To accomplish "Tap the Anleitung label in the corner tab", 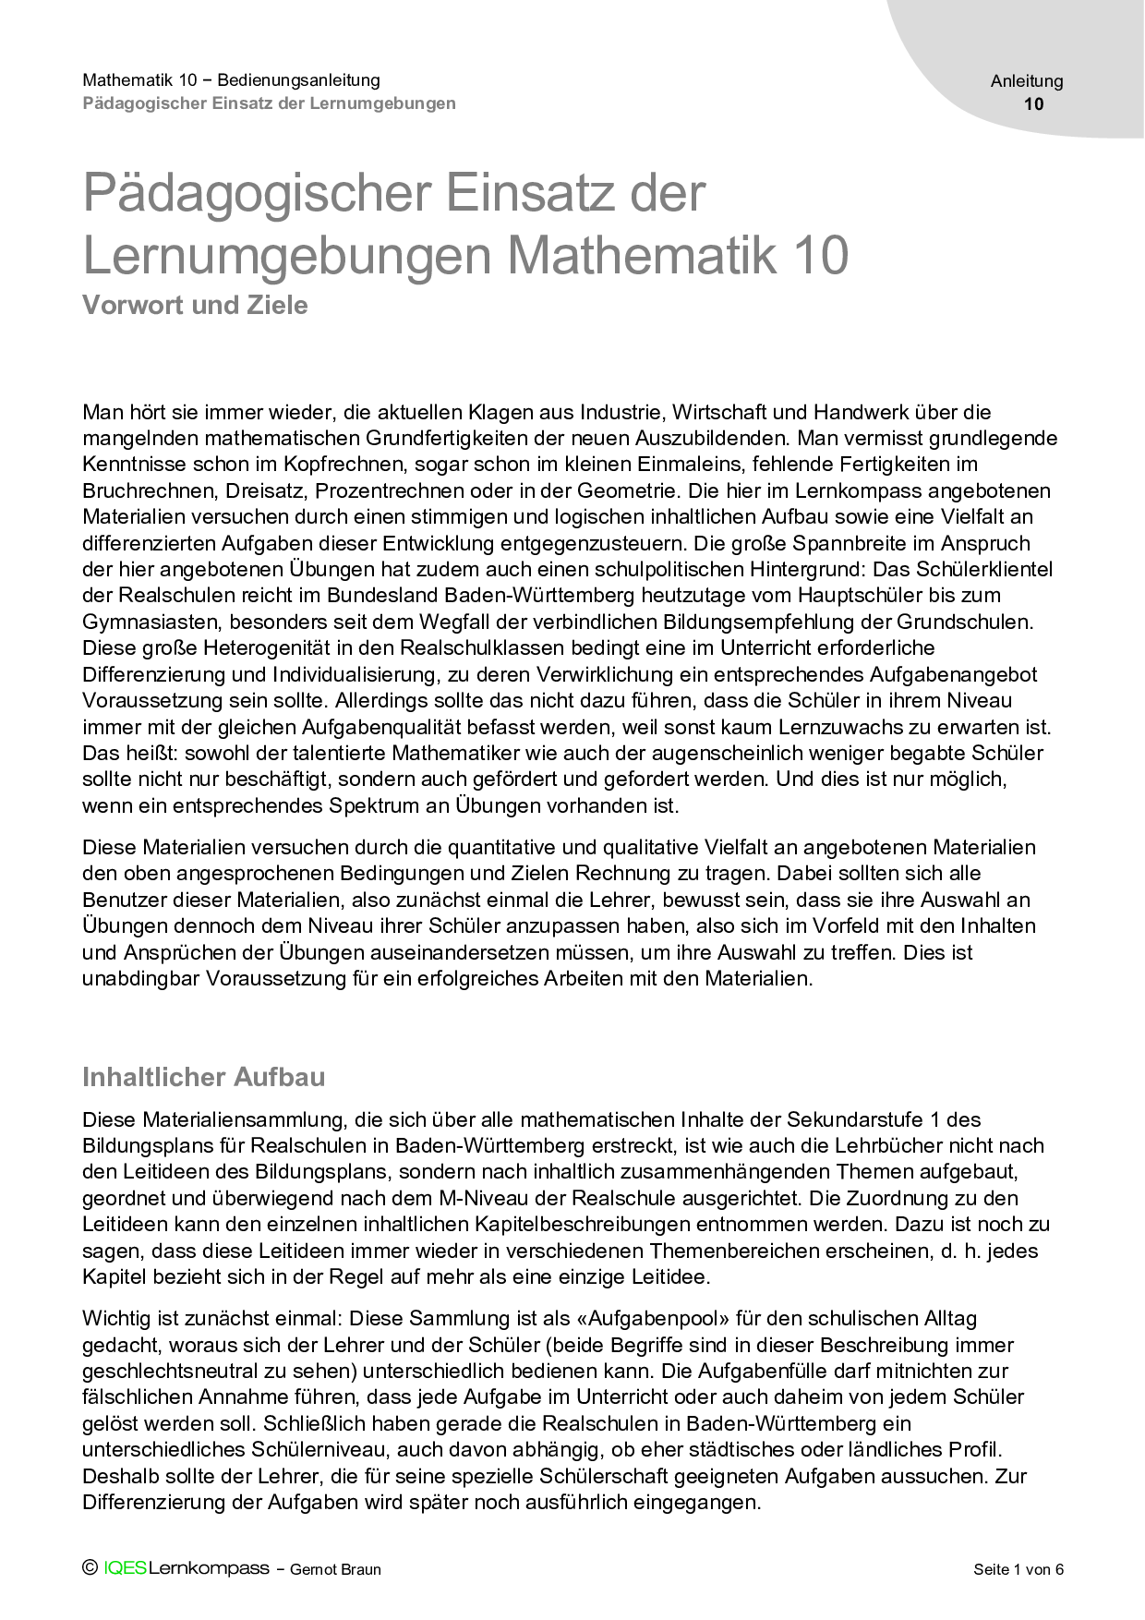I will click(1027, 81).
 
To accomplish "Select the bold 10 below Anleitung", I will click(1034, 103).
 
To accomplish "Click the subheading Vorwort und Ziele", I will click(195, 305).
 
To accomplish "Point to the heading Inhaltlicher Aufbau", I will click(203, 1077).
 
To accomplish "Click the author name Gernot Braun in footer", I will click(335, 1569).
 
